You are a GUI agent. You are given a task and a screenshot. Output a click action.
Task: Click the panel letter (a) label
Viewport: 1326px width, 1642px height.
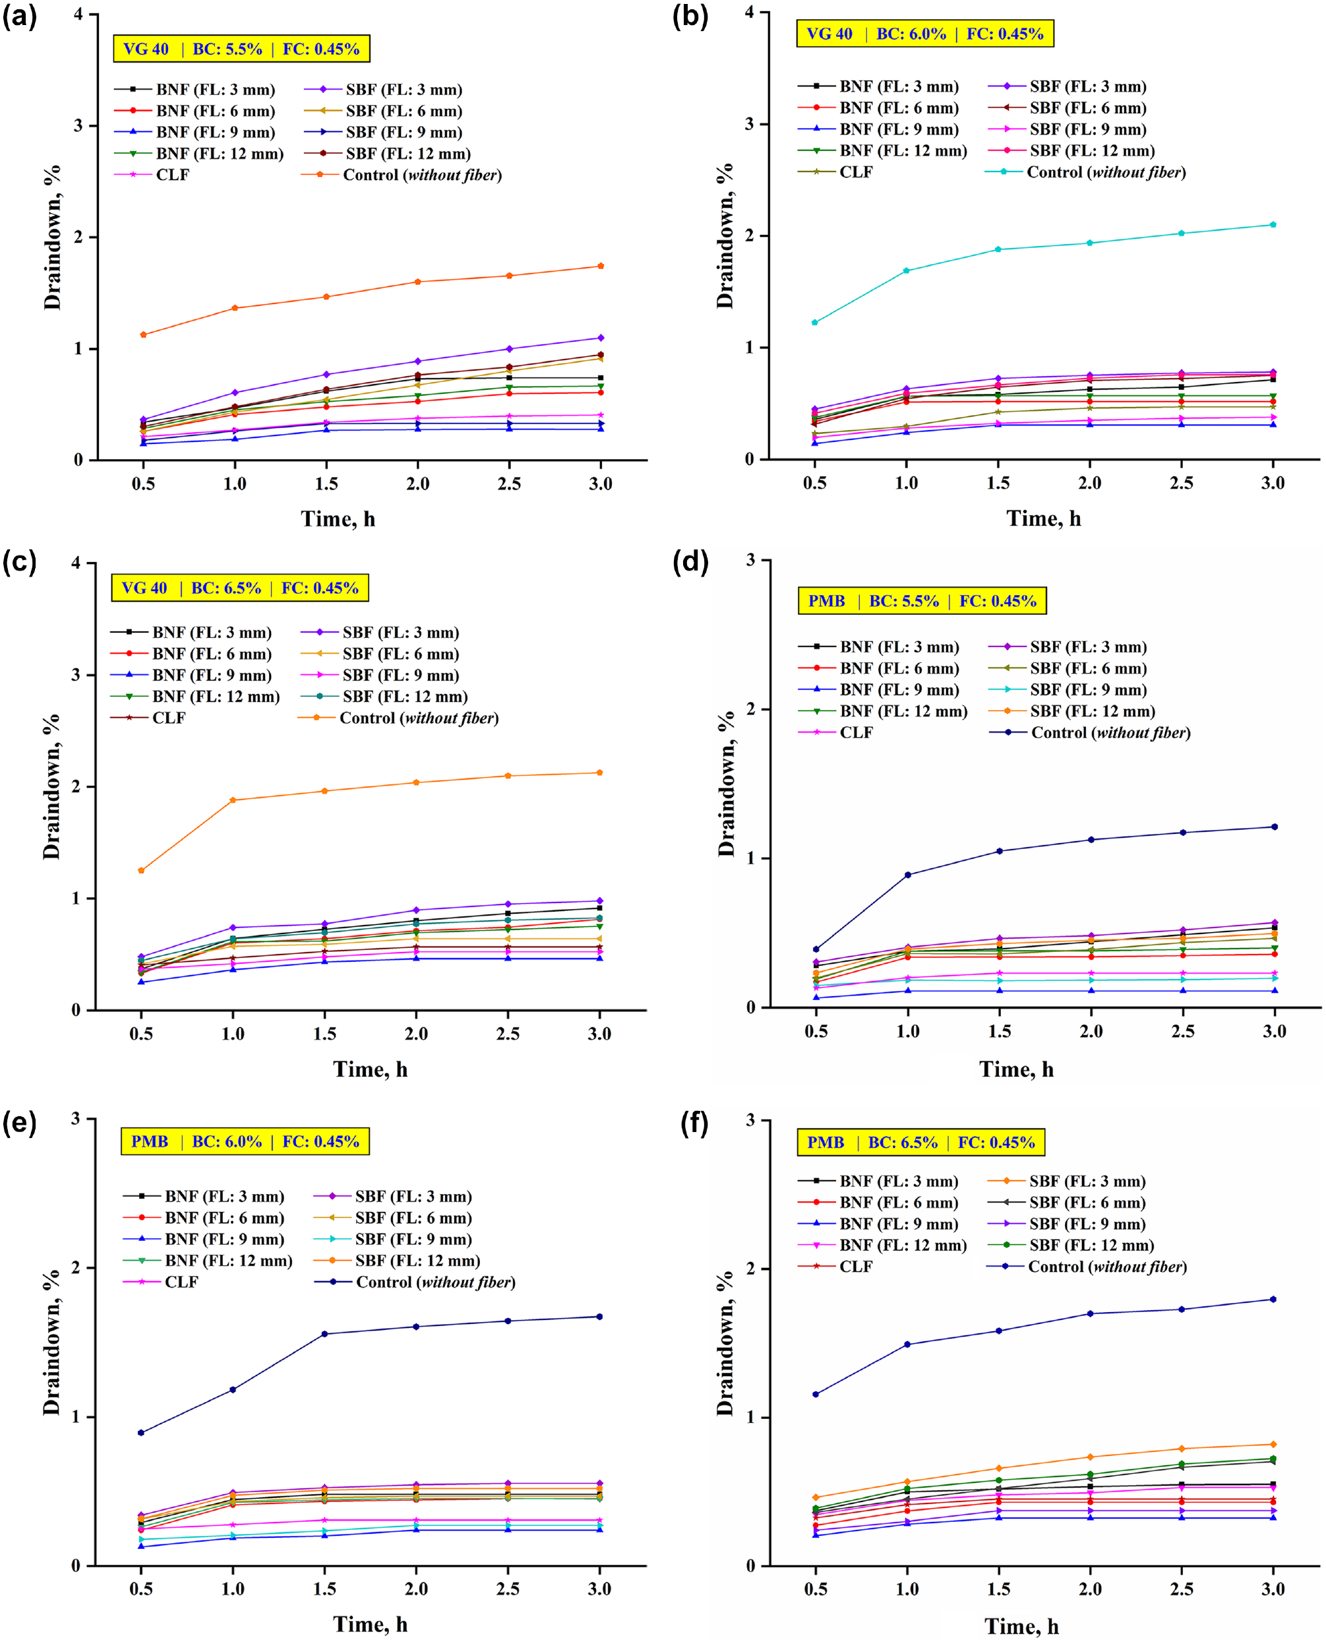[x=20, y=16]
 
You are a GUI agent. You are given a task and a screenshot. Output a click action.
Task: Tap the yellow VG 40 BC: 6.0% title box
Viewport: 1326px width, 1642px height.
[x=925, y=34]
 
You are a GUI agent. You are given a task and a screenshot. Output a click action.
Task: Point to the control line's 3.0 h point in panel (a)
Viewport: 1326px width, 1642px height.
[x=601, y=266]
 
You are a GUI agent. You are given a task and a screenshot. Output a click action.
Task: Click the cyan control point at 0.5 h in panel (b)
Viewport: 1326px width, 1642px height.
[x=814, y=323]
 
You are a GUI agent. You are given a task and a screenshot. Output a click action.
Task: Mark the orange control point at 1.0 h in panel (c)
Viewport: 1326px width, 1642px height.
[x=233, y=800]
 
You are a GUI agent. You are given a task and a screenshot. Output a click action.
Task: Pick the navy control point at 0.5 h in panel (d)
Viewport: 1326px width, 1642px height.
[x=816, y=949]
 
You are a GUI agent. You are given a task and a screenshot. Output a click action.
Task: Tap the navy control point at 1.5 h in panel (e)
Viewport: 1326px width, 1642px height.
[x=324, y=1334]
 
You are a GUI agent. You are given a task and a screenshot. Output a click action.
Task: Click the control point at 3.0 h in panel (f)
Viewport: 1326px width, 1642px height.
[x=1273, y=1299]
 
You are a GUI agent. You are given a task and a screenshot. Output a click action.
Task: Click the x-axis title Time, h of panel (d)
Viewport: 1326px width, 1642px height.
[x=1017, y=1069]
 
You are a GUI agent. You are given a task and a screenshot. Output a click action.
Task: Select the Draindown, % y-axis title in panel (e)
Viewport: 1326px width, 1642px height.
[x=51, y=1342]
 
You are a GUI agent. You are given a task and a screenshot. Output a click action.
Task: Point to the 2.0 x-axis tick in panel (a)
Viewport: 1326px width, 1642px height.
[x=417, y=483]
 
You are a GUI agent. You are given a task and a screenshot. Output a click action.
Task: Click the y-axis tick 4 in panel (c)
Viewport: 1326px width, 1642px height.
[x=76, y=563]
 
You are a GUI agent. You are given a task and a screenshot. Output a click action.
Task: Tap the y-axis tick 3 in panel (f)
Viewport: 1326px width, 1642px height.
[x=750, y=1120]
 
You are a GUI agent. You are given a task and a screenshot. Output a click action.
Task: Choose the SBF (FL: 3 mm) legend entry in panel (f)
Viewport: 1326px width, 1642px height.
[x=1067, y=1182]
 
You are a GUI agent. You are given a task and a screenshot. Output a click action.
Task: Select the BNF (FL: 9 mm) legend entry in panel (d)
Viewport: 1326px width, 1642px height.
[x=878, y=689]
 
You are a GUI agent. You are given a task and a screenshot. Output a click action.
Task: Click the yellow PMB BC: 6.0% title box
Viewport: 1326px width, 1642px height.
[x=245, y=1141]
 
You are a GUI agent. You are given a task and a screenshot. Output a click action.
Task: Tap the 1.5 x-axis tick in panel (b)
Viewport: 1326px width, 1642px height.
[x=998, y=483]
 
